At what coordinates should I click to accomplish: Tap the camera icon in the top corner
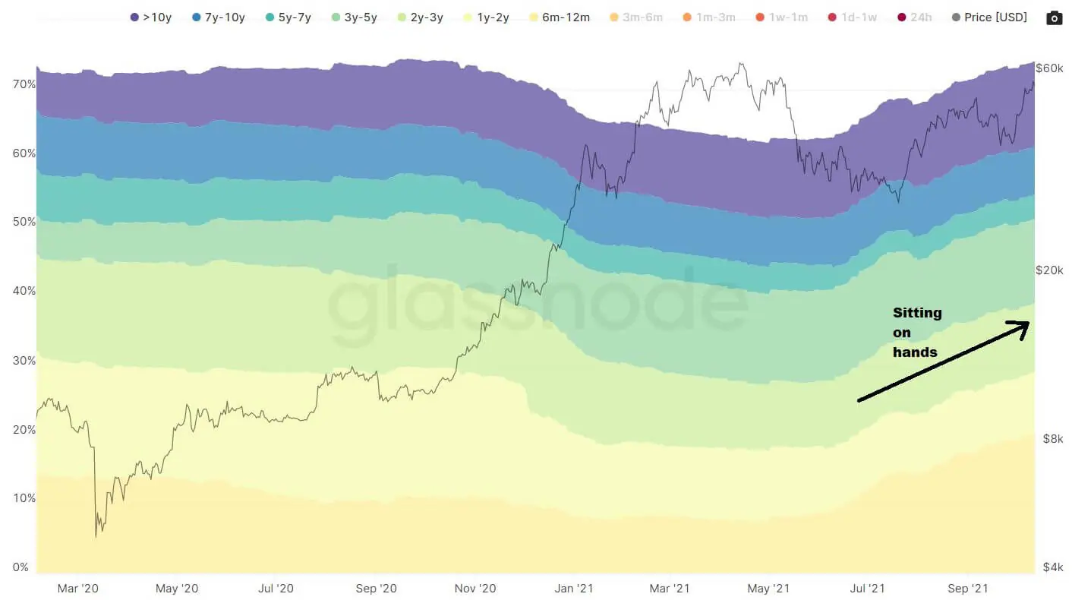1054,17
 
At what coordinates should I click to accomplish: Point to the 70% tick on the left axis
24,84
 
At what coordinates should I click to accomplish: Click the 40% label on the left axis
24,291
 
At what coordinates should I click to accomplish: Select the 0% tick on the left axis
20,567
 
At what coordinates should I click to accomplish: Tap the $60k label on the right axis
1050,68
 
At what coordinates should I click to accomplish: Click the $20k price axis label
1050,270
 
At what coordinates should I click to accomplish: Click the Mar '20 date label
78,589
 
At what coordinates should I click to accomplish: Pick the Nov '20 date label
476,589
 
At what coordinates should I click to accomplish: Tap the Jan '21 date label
574,589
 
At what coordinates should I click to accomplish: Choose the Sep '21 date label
969,589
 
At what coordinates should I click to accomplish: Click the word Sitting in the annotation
917,313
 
